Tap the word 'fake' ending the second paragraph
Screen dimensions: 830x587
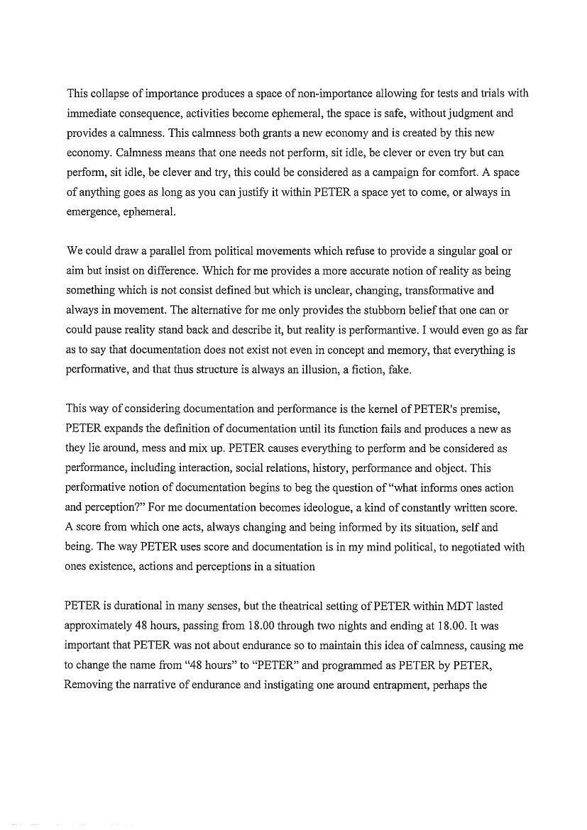tap(398, 370)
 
